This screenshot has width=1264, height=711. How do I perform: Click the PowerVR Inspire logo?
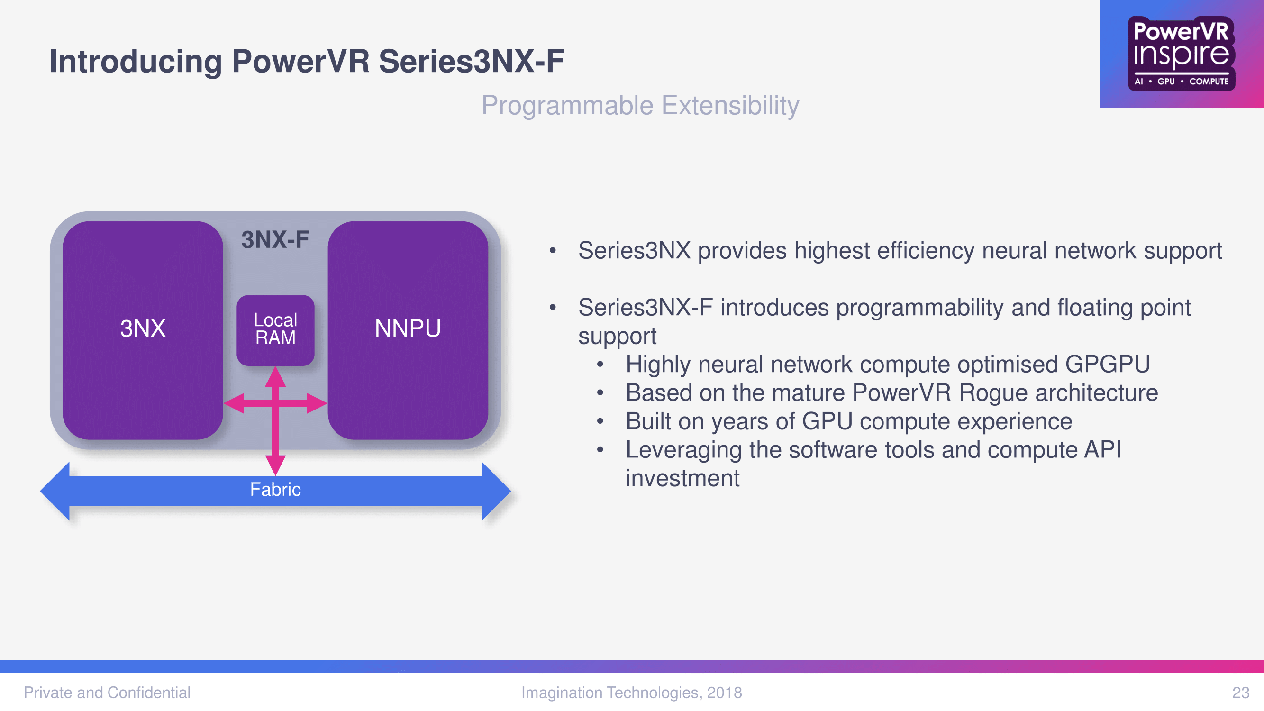[x=1181, y=54]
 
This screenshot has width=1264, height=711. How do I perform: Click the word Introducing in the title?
[x=136, y=62]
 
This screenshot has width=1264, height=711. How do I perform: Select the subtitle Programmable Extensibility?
[x=640, y=106]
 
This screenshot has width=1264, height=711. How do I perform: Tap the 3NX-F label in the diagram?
[x=275, y=240]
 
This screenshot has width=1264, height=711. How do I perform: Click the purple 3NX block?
[x=143, y=330]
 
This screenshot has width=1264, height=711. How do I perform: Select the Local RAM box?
[x=275, y=330]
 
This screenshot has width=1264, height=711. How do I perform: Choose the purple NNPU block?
[x=408, y=330]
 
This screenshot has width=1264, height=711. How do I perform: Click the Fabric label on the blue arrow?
[x=275, y=490]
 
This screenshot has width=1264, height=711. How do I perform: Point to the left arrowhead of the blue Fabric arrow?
[x=55, y=491]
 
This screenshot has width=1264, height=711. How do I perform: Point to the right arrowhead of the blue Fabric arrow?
[x=496, y=491]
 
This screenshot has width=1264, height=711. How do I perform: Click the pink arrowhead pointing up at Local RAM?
[x=275, y=377]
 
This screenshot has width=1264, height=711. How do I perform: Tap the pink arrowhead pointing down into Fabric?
[x=275, y=465]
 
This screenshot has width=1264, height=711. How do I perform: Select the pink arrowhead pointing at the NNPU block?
[x=317, y=403]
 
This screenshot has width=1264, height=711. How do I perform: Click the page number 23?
[x=1241, y=693]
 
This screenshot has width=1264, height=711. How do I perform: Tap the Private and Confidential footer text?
[x=107, y=693]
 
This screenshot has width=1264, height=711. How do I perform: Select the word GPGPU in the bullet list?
[x=1108, y=365]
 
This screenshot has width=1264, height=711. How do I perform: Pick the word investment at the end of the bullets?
[x=682, y=478]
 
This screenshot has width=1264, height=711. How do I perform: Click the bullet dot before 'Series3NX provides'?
[x=553, y=251]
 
